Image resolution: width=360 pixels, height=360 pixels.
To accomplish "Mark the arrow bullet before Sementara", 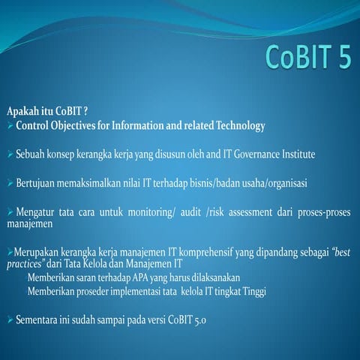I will (9, 320).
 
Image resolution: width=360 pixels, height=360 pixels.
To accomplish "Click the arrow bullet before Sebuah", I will (9, 154).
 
